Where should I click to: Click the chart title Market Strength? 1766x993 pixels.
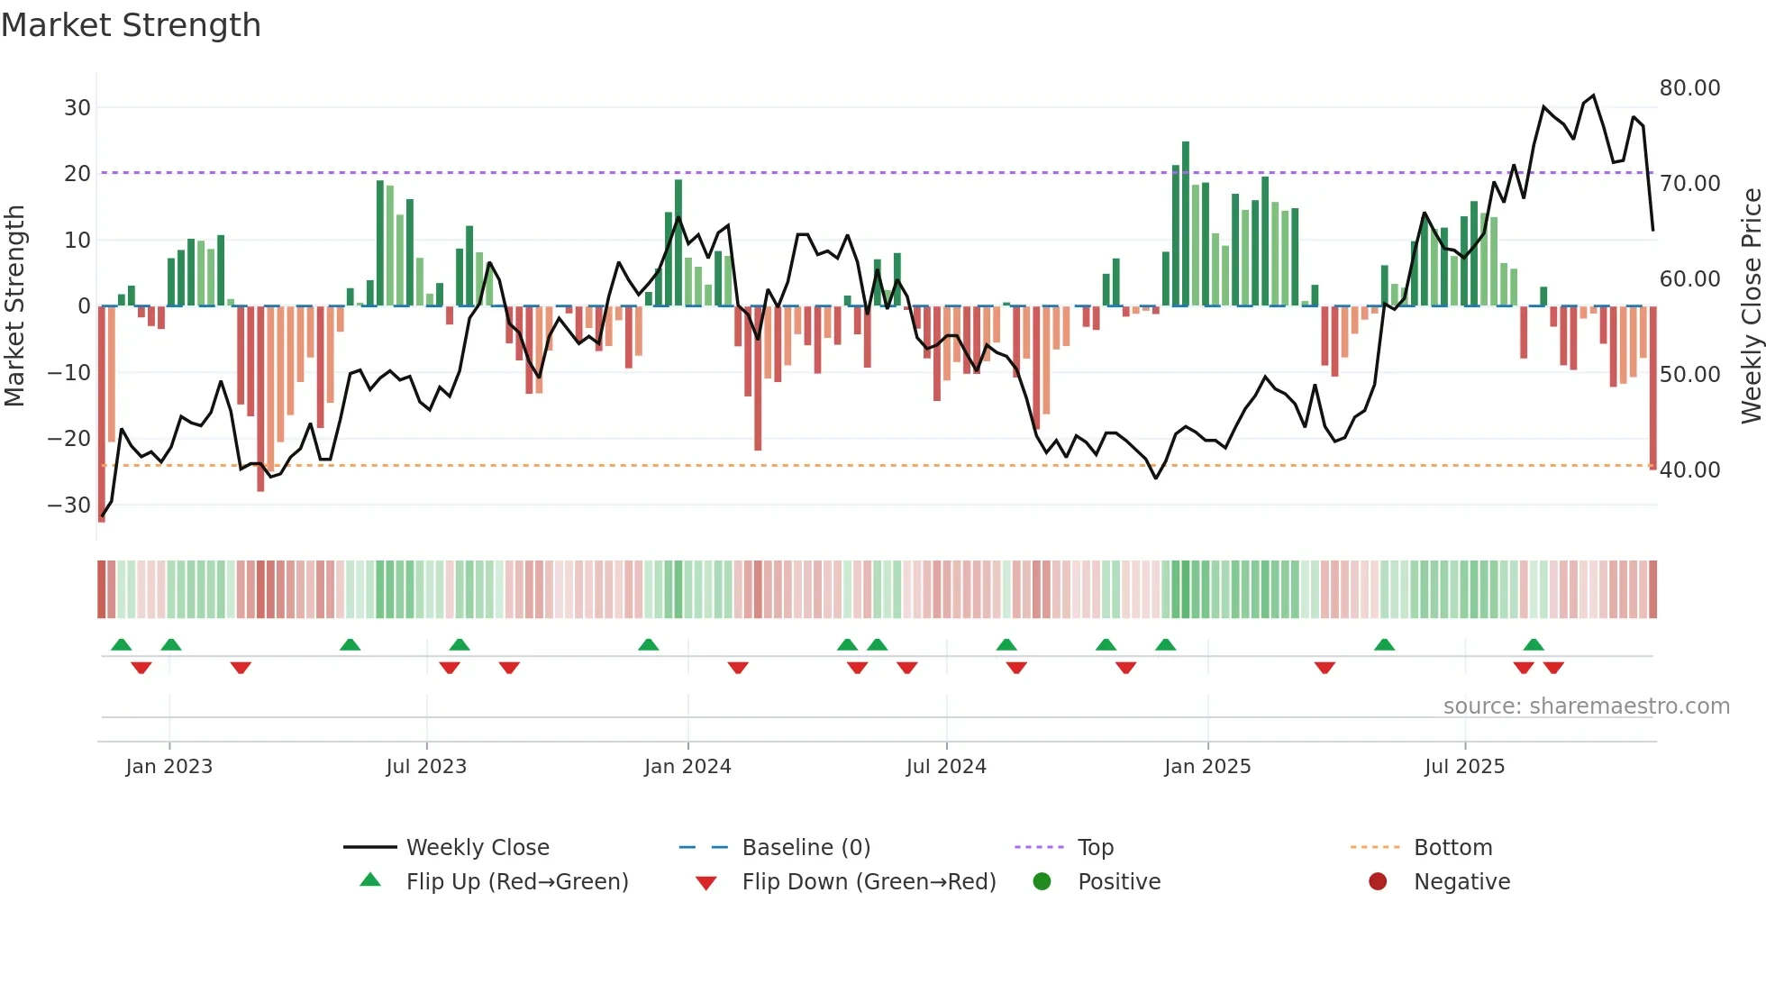[x=131, y=25]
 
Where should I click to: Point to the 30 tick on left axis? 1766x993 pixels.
[x=77, y=108]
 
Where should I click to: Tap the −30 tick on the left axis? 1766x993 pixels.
[x=69, y=506]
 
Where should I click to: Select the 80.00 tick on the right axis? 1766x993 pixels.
[x=1689, y=88]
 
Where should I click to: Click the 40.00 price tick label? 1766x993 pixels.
[x=1689, y=470]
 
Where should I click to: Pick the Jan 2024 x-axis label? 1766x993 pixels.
[x=687, y=767]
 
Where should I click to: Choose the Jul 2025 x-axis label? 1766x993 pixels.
[x=1464, y=767]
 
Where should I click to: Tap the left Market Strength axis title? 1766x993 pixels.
[x=14, y=306]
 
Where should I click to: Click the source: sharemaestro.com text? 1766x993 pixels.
[x=1586, y=706]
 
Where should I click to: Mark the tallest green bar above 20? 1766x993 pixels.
[x=1186, y=223]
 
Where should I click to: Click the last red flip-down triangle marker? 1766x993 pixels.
[x=1553, y=668]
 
